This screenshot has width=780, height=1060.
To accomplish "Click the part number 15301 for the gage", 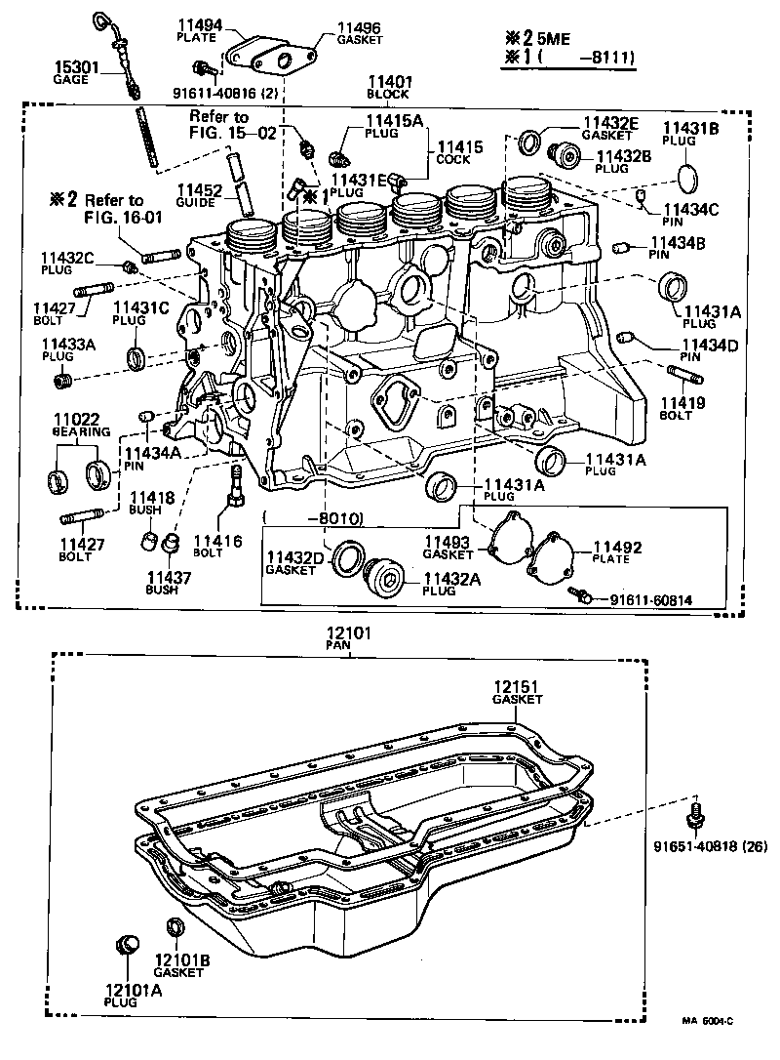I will (70, 67).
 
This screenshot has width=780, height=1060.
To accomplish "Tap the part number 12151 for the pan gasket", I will (517, 688).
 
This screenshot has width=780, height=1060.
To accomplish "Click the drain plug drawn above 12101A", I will (126, 945).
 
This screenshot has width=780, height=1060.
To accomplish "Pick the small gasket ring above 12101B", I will (176, 926).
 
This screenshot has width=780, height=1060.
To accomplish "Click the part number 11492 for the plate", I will (616, 548).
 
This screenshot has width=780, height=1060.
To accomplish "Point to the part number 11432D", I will (291, 557).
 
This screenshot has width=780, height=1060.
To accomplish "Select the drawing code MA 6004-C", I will (707, 1020).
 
